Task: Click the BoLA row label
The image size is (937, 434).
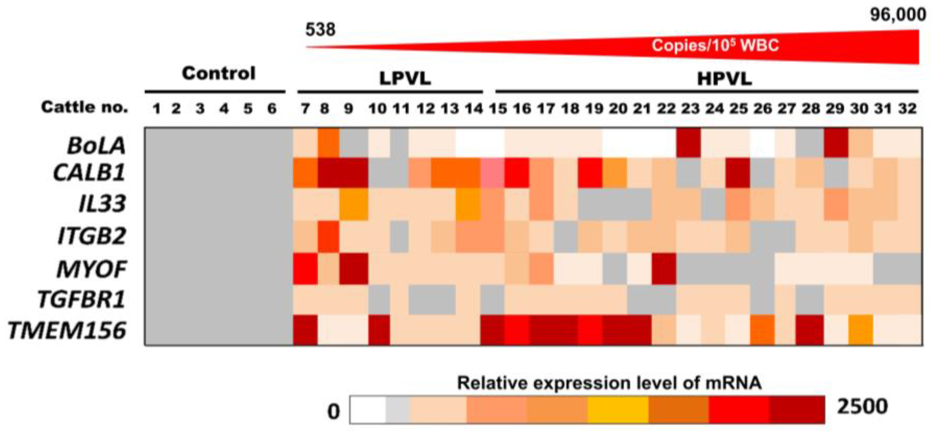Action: point(96,146)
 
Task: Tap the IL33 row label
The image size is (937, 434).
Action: point(103,203)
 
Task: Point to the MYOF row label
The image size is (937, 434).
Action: point(92,270)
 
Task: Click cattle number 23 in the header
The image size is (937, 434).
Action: point(690,108)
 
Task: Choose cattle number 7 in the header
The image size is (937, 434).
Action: point(305,108)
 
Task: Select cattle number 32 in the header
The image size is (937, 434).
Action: point(907,108)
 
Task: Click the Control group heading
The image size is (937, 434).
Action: point(219,73)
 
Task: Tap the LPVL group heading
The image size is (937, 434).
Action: point(405,79)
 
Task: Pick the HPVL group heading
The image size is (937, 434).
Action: point(724,79)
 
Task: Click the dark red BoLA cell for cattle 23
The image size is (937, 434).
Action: point(688,143)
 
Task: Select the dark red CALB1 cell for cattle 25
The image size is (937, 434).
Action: point(738,173)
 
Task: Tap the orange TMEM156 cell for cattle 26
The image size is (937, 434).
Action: point(762,330)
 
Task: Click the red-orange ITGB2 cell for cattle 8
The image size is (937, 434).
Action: point(329,236)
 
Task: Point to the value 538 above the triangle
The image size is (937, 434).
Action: point(320,30)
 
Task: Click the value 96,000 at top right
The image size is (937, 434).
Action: point(898,15)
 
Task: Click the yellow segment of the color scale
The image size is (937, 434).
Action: point(617,410)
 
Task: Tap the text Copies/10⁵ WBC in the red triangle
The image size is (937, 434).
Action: point(715,46)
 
